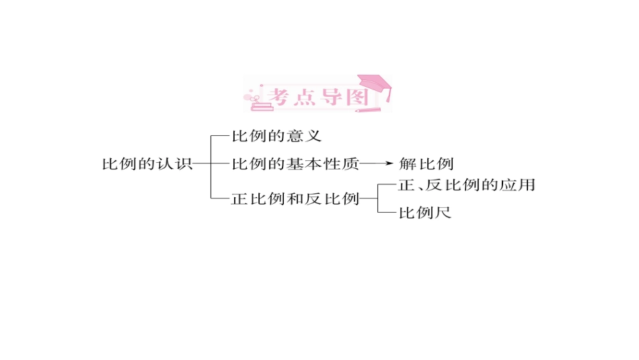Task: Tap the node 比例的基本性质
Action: pos(295,164)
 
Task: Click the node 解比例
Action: pos(426,164)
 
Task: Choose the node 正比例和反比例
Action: pos(295,199)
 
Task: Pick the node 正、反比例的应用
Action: pos(466,185)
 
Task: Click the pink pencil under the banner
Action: pos(365,109)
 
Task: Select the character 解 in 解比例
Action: pos(407,164)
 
